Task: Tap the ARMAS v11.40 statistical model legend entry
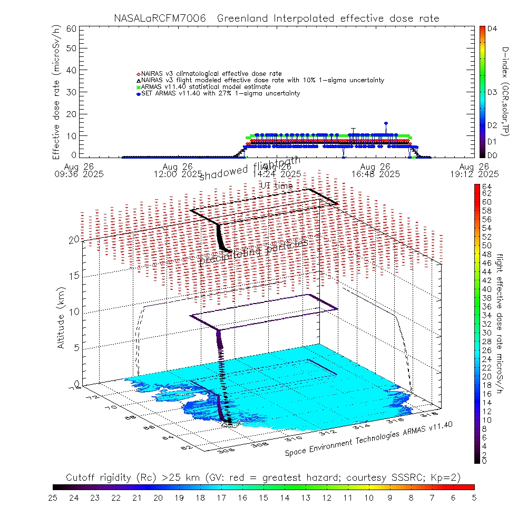tap(206, 86)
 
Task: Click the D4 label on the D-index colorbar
tap(492, 29)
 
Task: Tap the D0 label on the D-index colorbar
tap(492, 155)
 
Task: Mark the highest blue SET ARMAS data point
tap(386, 123)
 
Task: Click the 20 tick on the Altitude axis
tap(74, 239)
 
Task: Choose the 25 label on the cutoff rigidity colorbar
tap(53, 497)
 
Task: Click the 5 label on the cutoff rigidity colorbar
tap(474, 497)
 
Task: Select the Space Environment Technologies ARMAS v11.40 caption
tap(369, 440)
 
